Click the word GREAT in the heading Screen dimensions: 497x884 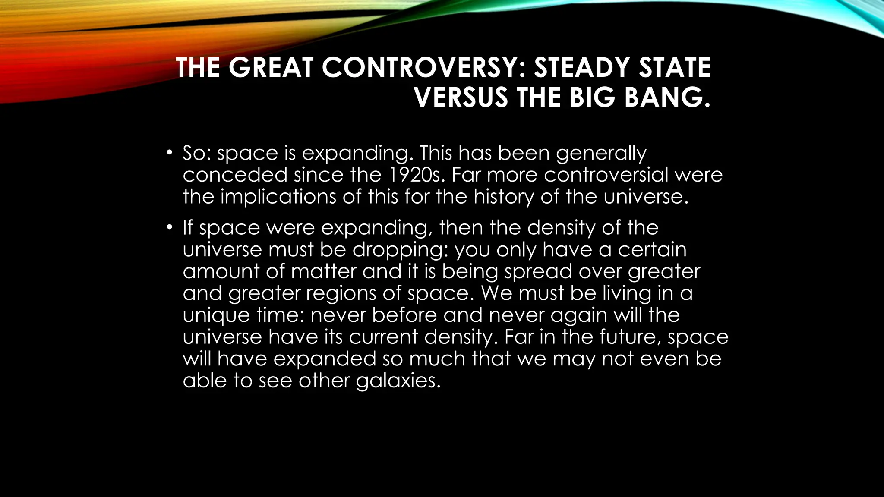tap(271, 68)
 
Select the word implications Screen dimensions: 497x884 tap(279, 197)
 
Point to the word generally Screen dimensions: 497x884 tap(601, 154)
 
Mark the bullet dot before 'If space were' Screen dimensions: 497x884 tap(170, 227)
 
